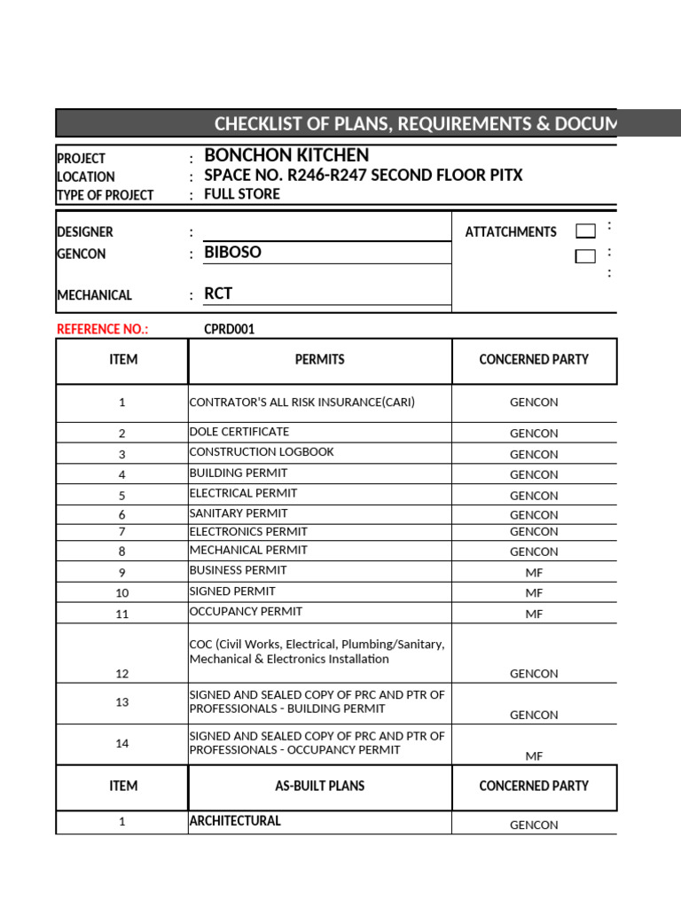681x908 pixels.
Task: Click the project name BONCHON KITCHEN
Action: click(x=286, y=155)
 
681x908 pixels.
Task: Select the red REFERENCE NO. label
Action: click(x=103, y=329)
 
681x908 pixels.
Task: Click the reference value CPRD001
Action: click(x=230, y=329)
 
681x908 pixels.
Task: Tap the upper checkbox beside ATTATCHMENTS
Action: click(x=585, y=231)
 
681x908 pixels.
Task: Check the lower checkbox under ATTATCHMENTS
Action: click(x=585, y=257)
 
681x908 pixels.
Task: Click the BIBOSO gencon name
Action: click(x=232, y=252)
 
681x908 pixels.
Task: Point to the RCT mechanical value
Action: click(x=218, y=294)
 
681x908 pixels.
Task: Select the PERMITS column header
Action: click(x=319, y=360)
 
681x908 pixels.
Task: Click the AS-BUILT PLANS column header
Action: click(x=319, y=786)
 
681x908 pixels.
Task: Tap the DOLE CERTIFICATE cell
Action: click(x=239, y=432)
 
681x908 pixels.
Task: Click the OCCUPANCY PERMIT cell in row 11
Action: click(x=246, y=611)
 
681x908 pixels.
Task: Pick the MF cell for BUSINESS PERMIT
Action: click(x=534, y=572)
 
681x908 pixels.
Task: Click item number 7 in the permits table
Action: click(x=122, y=532)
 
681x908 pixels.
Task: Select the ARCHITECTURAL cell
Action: click(x=235, y=821)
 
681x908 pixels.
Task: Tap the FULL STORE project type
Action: click(x=242, y=194)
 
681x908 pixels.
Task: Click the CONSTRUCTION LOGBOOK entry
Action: click(x=262, y=452)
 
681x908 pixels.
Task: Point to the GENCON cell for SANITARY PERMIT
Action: click(x=534, y=515)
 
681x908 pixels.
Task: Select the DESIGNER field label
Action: click(x=85, y=232)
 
